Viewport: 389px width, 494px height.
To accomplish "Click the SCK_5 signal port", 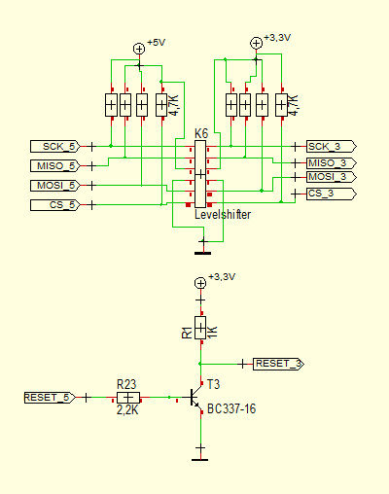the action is (x=55, y=147).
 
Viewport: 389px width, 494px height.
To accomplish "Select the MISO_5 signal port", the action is (x=55, y=166).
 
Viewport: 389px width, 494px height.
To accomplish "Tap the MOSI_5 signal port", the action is (x=55, y=186).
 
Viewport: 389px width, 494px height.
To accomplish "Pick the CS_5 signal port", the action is (x=55, y=205).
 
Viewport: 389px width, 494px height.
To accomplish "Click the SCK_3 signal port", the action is (x=332, y=147).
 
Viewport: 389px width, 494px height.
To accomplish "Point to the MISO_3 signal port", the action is (x=332, y=162).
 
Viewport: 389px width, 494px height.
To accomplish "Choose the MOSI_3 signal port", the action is (x=332, y=177).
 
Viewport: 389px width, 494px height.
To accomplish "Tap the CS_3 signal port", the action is (x=332, y=194).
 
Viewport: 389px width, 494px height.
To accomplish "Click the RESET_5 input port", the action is (x=50, y=398).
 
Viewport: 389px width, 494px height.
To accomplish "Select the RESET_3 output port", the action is (x=278, y=364).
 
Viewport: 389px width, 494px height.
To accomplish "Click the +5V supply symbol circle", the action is (x=139, y=49).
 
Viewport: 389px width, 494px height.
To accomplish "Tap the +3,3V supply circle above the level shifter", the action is (x=256, y=43).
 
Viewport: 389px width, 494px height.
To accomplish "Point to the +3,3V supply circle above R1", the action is (x=200, y=283).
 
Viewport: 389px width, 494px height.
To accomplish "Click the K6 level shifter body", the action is (x=200, y=174).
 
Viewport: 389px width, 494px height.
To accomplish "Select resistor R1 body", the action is (x=200, y=328).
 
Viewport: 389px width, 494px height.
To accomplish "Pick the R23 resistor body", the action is (x=128, y=398).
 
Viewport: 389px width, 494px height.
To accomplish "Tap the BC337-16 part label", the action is (x=231, y=408).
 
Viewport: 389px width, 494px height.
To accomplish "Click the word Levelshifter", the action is (x=223, y=215).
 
